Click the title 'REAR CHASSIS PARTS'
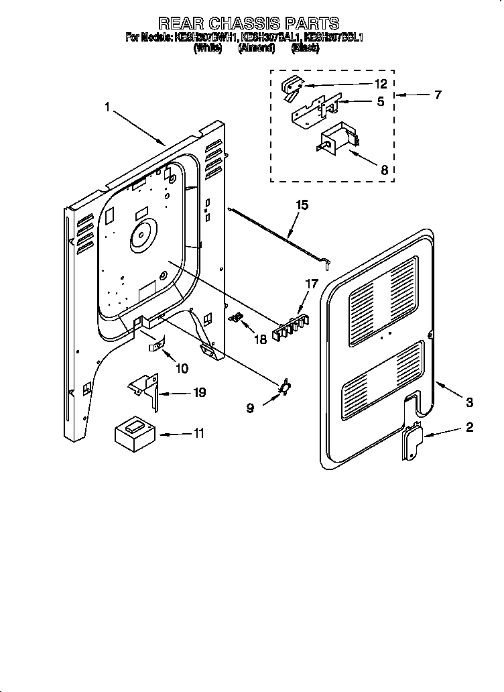[x=248, y=24]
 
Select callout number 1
[x=108, y=107]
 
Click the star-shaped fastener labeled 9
[x=285, y=386]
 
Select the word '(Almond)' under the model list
[x=257, y=49]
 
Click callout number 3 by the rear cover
[x=469, y=402]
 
